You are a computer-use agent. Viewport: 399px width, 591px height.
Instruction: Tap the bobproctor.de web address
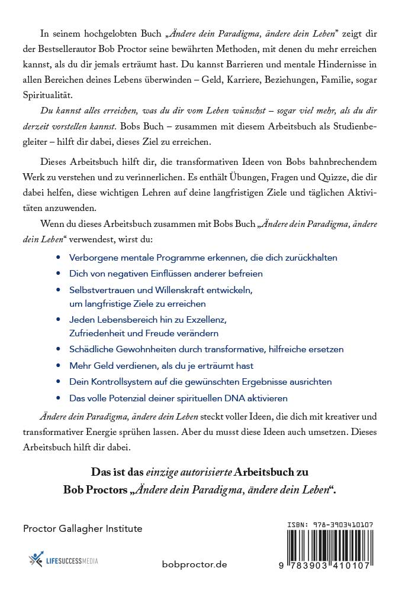(x=194, y=564)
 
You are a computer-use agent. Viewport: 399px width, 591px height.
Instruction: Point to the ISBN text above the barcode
(x=324, y=524)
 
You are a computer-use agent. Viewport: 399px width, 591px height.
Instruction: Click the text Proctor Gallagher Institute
(x=82, y=528)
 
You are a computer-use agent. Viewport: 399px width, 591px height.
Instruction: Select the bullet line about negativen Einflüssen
(x=166, y=274)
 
